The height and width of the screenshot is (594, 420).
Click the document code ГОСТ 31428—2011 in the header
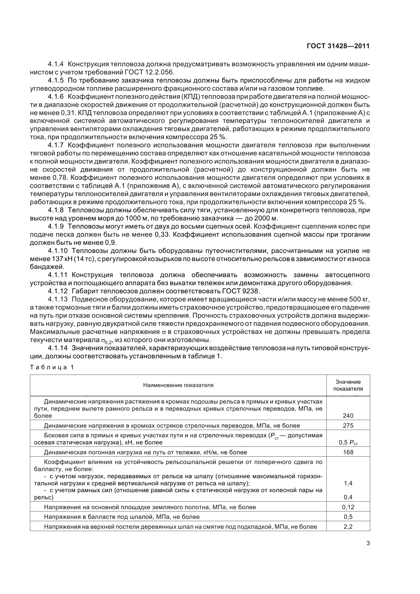(x=338, y=46)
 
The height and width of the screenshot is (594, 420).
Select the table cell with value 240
(x=348, y=415)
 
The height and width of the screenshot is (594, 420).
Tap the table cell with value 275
(x=348, y=425)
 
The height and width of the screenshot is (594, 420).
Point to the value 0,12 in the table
(x=348, y=507)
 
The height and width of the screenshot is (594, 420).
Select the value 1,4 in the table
(x=348, y=483)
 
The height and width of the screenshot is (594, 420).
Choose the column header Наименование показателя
(x=178, y=385)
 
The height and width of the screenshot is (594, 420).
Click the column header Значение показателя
(x=348, y=385)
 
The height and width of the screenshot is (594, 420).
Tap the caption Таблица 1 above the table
(x=52, y=367)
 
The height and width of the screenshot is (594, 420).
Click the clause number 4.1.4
(x=56, y=64)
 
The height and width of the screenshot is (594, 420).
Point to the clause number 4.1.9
(x=56, y=226)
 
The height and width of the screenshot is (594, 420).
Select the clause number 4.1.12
(x=57, y=291)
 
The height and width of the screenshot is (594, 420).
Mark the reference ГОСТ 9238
(x=240, y=291)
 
